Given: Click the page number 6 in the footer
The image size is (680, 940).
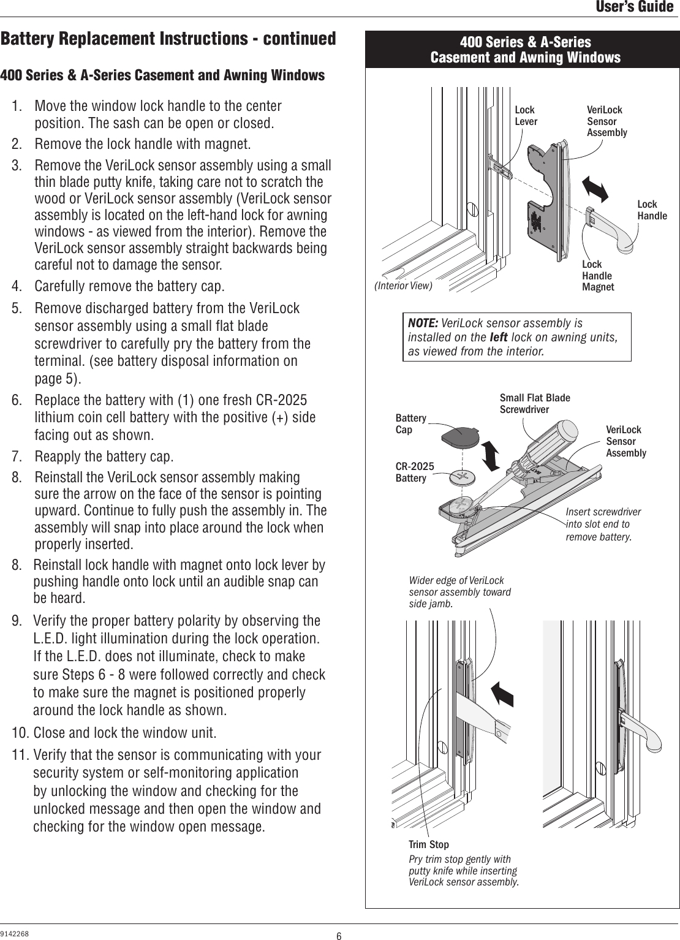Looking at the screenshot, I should tap(339, 936).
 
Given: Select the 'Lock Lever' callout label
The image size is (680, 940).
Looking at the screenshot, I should tap(525, 116).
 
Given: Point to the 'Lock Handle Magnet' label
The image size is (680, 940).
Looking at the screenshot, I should tap(597, 276).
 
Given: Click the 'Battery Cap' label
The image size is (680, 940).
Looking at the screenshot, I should tap(410, 423).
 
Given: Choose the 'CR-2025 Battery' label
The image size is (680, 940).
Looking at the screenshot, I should tap(414, 472).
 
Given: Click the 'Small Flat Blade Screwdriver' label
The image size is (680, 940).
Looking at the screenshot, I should tap(534, 404).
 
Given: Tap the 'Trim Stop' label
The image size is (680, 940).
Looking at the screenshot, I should tap(428, 845).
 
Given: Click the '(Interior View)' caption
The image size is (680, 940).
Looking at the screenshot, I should tap(402, 286).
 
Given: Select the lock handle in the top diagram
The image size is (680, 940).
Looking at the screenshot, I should tap(616, 230).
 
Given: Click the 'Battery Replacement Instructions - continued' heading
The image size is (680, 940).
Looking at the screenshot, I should tap(168, 39).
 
